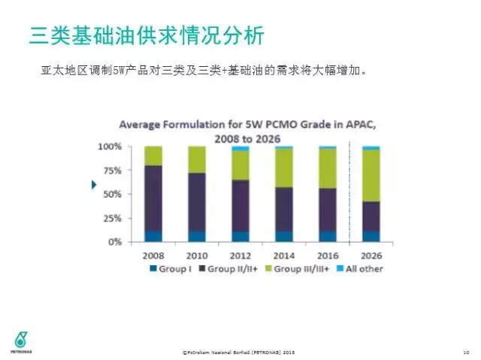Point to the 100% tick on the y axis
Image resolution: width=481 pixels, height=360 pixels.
[x=110, y=147]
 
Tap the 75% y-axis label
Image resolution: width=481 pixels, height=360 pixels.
[x=111, y=171]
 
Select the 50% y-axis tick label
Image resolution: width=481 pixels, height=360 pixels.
[x=111, y=195]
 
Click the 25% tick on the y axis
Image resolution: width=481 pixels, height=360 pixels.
[x=111, y=219]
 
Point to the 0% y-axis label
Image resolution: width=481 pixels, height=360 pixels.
[x=114, y=242]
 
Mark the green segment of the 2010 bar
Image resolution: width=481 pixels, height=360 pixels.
[x=197, y=159]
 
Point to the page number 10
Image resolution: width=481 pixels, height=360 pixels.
[x=466, y=351]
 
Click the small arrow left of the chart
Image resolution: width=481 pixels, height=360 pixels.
[x=95, y=185]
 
